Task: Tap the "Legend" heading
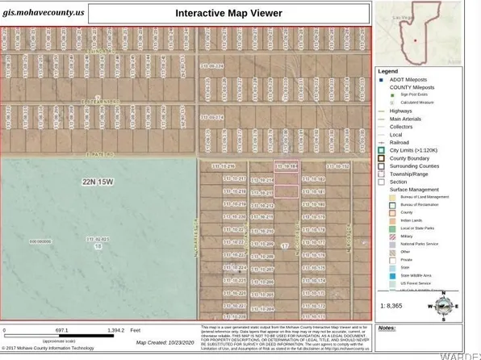(391, 71)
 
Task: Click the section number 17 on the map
(284, 245)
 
